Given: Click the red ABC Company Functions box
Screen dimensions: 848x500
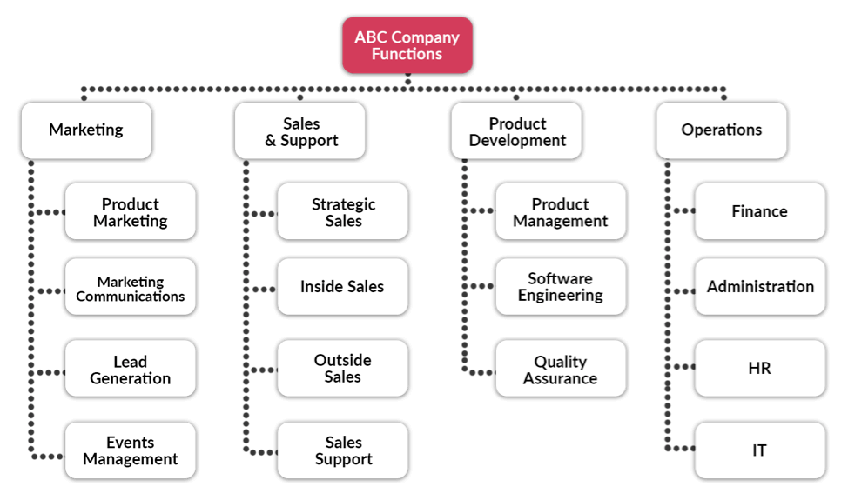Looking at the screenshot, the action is pyautogui.click(x=407, y=45).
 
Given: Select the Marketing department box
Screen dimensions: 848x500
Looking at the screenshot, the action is pyautogui.click(x=86, y=130).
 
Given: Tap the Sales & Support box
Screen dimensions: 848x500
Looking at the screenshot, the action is pyautogui.click(x=300, y=130).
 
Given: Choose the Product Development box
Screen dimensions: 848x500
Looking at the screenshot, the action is pyautogui.click(x=516, y=130).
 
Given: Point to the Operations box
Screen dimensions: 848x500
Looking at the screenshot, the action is pyautogui.click(x=722, y=130).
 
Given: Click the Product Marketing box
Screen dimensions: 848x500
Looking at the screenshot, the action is pyautogui.click(x=131, y=211).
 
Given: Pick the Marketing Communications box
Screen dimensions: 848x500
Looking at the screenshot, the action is pyautogui.click(x=131, y=287).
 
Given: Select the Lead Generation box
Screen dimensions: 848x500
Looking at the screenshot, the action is pyautogui.click(x=131, y=368).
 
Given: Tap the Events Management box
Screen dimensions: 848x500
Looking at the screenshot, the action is pyautogui.click(x=131, y=450).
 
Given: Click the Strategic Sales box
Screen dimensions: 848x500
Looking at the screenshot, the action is pyautogui.click(x=343, y=211).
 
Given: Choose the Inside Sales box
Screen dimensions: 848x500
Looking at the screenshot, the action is pyautogui.click(x=343, y=287).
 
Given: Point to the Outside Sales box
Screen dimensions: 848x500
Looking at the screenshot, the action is pyautogui.click(x=343, y=368).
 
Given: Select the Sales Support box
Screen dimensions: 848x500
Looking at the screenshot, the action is pyautogui.click(x=343, y=450).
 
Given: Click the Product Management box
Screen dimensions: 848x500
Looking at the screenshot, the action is pyautogui.click(x=561, y=211).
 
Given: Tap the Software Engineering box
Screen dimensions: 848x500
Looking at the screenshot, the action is pyautogui.click(x=561, y=287).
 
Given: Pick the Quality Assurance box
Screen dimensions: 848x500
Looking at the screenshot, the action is pyautogui.click(x=561, y=368).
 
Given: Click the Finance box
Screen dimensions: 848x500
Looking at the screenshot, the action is pyautogui.click(x=760, y=211).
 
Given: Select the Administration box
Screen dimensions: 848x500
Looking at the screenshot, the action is pyautogui.click(x=760, y=287).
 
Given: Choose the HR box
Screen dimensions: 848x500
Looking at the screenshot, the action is pyautogui.click(x=760, y=368).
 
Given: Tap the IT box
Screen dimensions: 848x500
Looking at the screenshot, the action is pyautogui.click(x=760, y=450).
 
